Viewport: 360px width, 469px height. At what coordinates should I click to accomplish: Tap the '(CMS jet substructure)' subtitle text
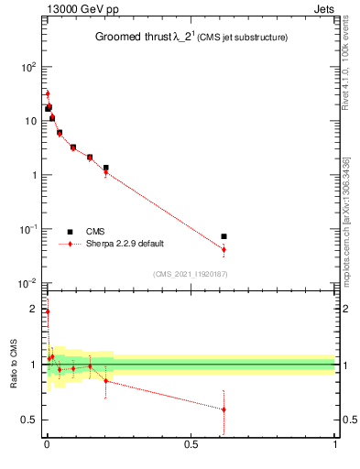[244, 38]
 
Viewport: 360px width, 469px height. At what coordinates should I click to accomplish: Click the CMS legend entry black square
[70, 232]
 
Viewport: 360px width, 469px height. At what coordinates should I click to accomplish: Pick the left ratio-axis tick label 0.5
[30, 420]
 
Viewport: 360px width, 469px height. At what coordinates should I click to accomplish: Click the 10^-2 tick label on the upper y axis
[27, 282]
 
